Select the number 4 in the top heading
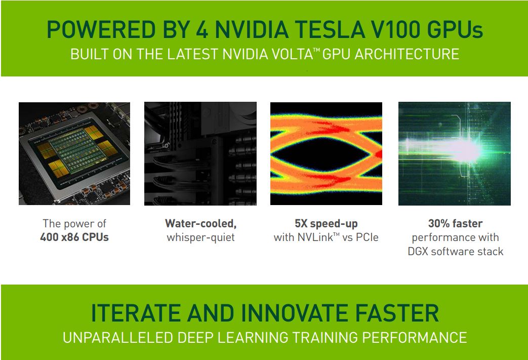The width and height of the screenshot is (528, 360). pos(201,30)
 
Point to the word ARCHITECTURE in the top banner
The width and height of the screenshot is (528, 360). pos(407,54)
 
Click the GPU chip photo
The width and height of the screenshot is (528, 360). pos(74,153)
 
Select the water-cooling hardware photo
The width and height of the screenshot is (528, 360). pos(200,153)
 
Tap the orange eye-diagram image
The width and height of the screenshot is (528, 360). pos(327,153)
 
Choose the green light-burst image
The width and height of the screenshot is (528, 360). pos(455,153)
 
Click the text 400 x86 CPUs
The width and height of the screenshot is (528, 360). pos(74,237)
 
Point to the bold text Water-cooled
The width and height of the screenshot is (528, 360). pos(200,224)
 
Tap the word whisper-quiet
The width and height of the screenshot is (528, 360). pos(200,238)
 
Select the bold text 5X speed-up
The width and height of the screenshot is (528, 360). pos(327,224)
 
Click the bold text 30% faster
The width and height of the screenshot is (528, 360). pos(455,224)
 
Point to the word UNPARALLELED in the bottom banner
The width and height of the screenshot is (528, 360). pos(118,338)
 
